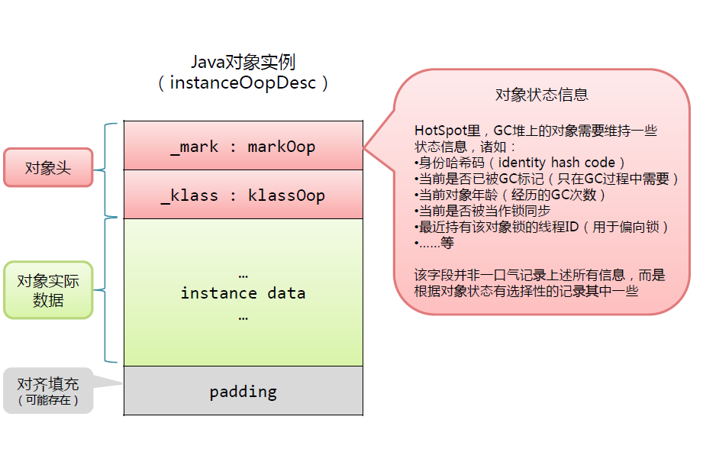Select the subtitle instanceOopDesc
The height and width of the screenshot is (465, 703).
(x=243, y=82)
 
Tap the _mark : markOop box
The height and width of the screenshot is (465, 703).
(x=243, y=146)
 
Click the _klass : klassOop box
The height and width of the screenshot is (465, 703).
(x=243, y=195)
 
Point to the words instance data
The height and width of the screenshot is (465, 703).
(x=243, y=293)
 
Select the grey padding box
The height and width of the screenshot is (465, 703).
(x=243, y=392)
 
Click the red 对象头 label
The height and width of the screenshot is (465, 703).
(x=48, y=168)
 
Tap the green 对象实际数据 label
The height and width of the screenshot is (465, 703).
(x=48, y=291)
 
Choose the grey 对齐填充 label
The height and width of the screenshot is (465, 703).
(x=48, y=384)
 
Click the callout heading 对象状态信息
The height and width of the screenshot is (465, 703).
(x=541, y=95)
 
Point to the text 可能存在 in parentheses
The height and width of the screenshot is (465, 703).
(x=48, y=399)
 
